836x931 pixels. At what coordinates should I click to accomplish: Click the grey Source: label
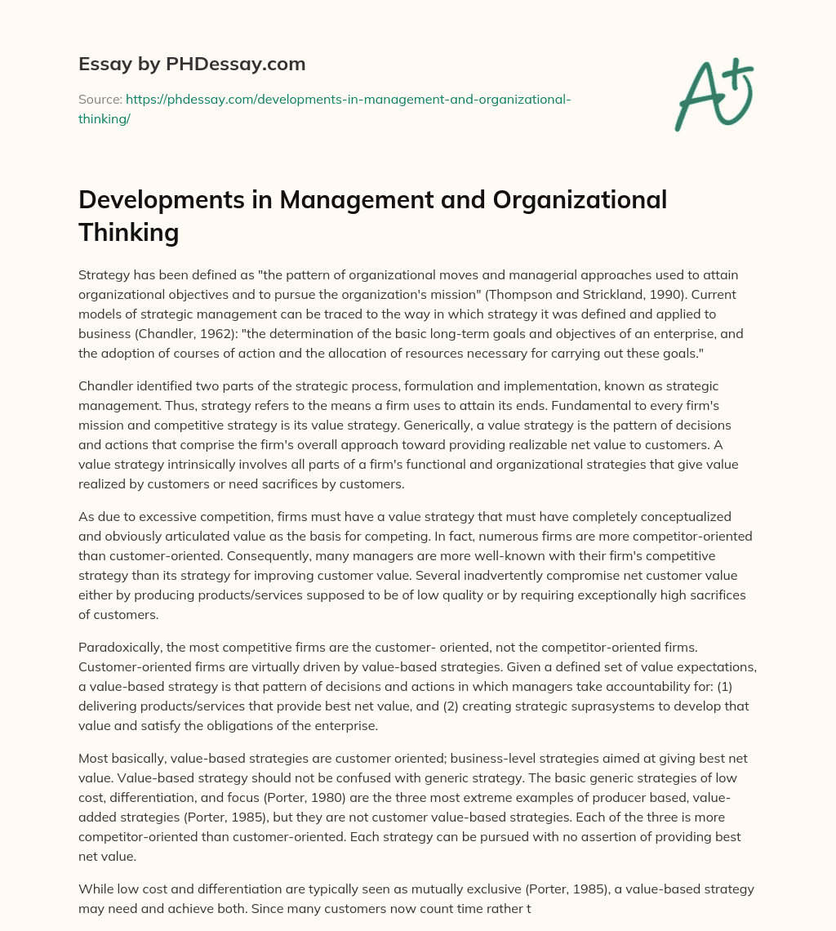(100, 100)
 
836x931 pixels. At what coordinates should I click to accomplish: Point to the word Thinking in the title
(128, 232)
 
